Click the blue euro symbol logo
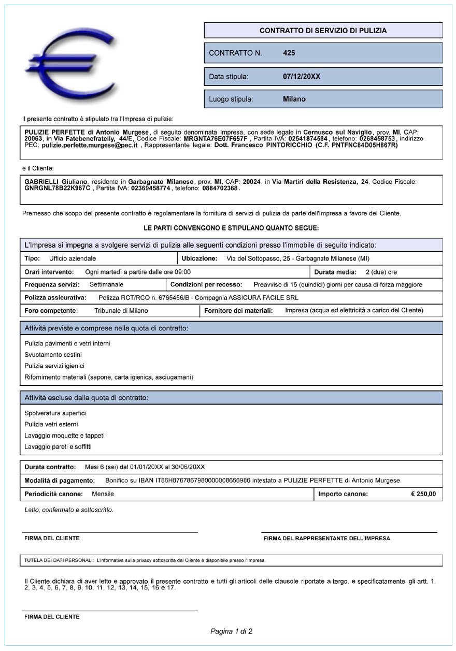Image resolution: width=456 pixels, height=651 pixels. (70, 67)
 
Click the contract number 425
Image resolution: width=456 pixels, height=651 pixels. (289, 53)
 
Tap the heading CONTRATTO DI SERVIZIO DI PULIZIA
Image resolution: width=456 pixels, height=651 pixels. (323, 31)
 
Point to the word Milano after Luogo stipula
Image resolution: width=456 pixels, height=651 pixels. (294, 99)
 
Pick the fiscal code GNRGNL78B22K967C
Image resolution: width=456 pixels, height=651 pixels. (57, 189)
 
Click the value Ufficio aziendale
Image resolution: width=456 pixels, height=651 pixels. (73, 258)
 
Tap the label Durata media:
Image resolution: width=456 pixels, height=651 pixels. (335, 272)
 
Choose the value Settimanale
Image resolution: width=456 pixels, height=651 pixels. (106, 284)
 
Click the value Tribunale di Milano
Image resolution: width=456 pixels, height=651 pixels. (121, 311)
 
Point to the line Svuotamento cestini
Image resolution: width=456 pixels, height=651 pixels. (53, 355)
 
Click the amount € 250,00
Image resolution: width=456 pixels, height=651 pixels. (423, 494)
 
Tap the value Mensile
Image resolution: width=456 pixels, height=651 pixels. (103, 494)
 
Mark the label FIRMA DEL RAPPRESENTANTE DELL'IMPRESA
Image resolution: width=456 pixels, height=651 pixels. (326, 539)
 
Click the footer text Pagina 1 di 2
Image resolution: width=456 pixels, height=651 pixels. (231, 631)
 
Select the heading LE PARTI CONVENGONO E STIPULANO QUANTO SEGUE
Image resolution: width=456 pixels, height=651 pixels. (231, 228)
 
